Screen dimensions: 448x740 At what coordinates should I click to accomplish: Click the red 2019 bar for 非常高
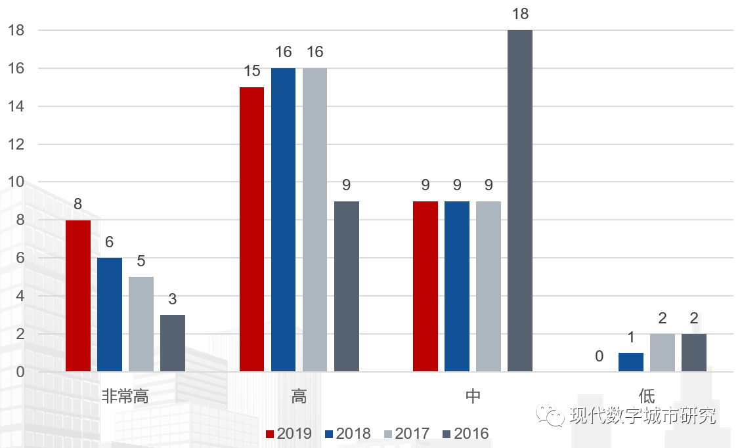tap(78, 296)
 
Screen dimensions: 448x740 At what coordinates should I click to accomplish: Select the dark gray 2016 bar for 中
tap(520, 201)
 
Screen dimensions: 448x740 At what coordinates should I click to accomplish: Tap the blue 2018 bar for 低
tap(631, 362)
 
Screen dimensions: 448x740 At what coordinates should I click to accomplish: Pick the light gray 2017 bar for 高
tap(315, 220)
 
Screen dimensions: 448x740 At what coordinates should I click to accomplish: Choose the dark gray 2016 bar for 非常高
tap(173, 343)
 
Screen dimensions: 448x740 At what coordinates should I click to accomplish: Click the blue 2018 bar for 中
tap(457, 286)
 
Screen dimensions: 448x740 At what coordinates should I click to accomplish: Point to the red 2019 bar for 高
tap(251, 229)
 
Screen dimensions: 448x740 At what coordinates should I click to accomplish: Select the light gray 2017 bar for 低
tap(663, 353)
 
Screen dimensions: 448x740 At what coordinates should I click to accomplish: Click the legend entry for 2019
tap(288, 434)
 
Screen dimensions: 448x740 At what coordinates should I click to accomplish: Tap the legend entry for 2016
tap(466, 434)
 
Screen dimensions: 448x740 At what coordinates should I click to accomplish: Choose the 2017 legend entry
tap(406, 434)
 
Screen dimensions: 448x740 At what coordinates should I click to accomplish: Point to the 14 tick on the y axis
tap(16, 106)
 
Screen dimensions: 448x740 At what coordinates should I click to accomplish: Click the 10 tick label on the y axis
tap(16, 182)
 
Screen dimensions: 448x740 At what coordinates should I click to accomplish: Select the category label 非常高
tap(125, 396)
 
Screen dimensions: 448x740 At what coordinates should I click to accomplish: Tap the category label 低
tap(646, 396)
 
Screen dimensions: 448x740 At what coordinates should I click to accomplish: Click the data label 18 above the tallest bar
tap(520, 14)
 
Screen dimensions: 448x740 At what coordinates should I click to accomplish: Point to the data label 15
tap(251, 71)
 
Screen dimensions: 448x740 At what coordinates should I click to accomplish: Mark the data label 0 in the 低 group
tap(599, 356)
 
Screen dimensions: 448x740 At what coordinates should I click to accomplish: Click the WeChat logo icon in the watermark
tap(550, 415)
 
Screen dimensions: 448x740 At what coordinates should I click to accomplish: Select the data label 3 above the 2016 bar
tap(173, 299)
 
